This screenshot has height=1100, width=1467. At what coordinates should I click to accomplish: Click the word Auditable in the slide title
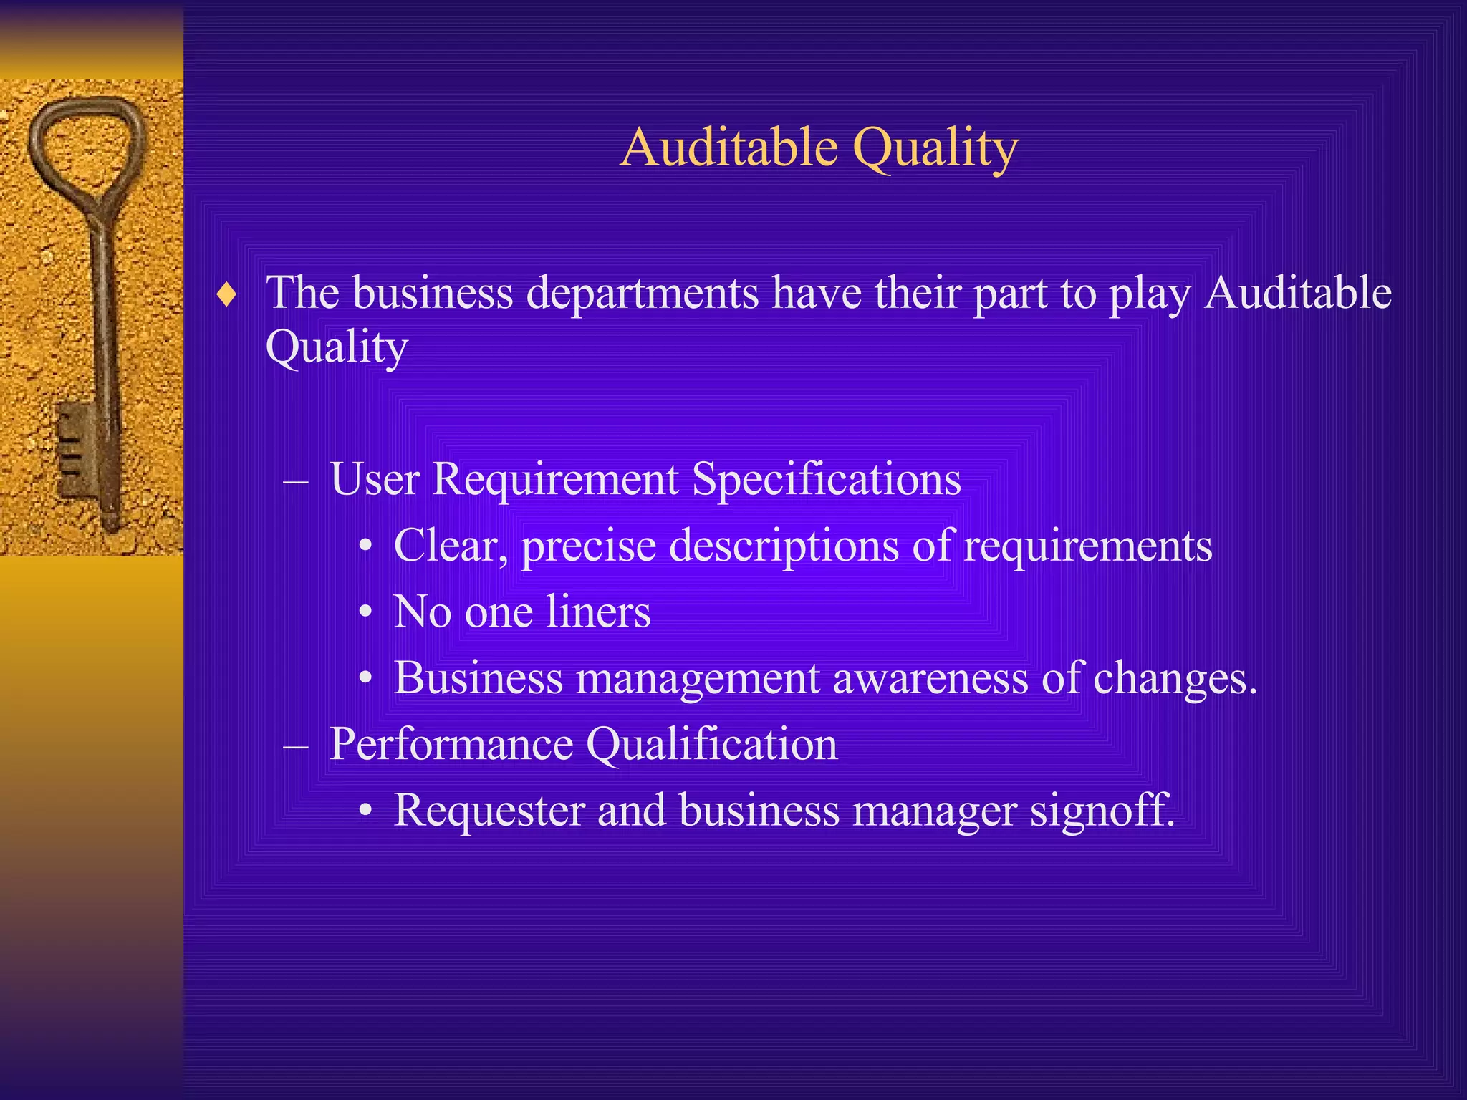[729, 148]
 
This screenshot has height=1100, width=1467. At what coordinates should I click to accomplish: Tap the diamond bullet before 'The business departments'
[226, 294]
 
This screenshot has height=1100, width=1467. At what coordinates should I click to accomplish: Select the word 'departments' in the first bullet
[643, 294]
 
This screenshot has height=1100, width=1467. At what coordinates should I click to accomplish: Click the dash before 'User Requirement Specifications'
[296, 481]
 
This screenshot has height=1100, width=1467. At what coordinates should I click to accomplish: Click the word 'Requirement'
[555, 481]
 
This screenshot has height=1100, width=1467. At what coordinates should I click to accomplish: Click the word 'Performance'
[451, 746]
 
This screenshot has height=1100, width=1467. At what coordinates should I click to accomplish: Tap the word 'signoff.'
[1102, 812]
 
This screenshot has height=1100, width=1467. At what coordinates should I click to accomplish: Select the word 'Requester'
[489, 812]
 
